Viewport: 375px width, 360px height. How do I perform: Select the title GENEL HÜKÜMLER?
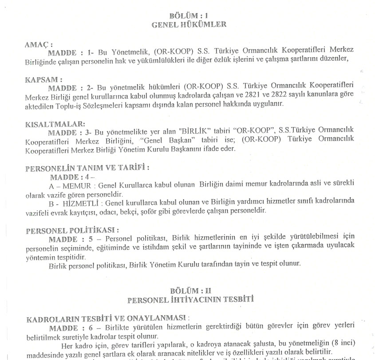point(189,24)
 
